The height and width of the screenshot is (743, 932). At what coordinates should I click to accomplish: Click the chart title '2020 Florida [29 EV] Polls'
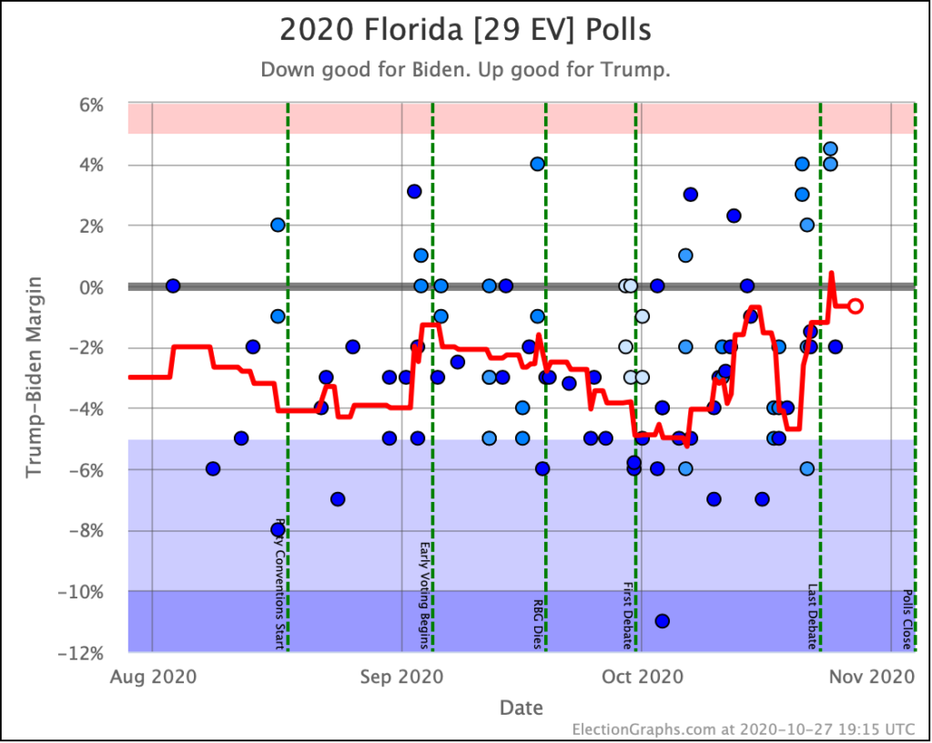coord(465,29)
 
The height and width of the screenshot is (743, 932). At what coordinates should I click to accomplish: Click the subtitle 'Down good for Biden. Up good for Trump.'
coord(465,70)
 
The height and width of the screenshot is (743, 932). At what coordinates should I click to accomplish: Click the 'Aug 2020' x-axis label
coord(152,677)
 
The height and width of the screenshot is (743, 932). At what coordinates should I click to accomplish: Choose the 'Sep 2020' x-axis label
coord(401,677)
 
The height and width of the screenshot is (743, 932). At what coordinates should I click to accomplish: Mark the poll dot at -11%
coord(662,621)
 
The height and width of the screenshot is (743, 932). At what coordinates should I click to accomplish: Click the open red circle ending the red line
coord(856,306)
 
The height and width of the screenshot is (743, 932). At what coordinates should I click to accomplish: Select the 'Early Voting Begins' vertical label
coord(424,597)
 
